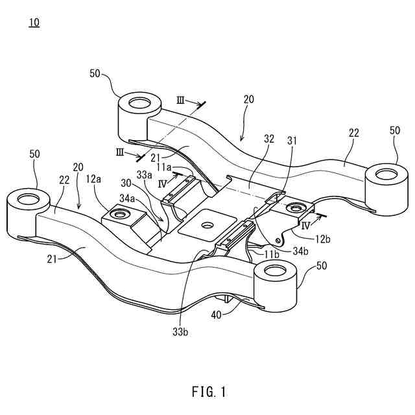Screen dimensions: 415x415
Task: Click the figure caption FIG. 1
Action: click(x=209, y=392)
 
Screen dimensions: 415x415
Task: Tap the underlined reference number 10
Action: click(x=33, y=23)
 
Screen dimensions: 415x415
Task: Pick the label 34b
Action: click(x=299, y=250)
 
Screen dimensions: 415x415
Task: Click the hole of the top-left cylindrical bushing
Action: click(x=138, y=102)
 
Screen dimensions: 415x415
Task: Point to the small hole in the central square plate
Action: click(x=208, y=225)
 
